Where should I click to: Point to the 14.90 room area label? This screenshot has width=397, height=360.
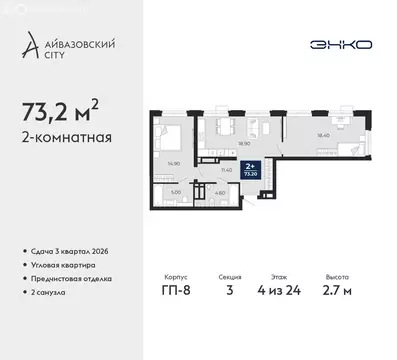pos(171,164)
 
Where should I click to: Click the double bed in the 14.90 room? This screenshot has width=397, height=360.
pos(166,136)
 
